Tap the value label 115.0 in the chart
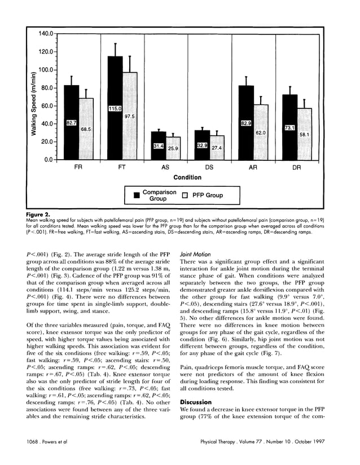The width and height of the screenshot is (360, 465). pyautogui.click(x=116, y=108)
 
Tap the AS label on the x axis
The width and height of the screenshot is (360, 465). pyautogui.click(x=166, y=168)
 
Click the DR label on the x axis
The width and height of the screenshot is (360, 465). pyautogui.click(x=296, y=168)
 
